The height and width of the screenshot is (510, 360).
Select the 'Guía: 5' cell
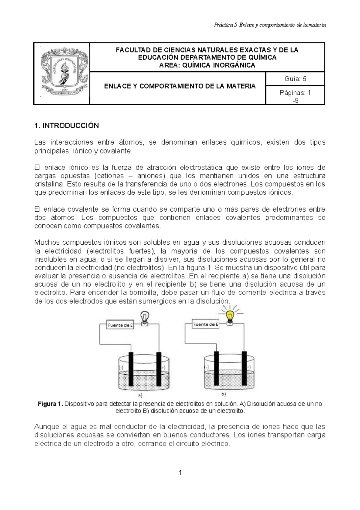tap(295, 79)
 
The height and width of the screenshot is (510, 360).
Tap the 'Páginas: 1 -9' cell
tap(295, 97)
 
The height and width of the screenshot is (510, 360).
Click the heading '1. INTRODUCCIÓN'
tap(67, 126)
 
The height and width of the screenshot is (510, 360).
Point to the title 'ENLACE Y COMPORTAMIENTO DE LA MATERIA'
tap(180, 86)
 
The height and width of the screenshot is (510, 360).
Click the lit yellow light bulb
tap(230, 316)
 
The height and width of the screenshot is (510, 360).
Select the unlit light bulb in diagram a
tap(145, 318)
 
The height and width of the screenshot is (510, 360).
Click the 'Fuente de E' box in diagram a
tap(120, 325)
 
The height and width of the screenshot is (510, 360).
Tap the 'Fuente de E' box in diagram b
tap(205, 324)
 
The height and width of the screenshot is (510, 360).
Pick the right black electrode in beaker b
tap(245, 369)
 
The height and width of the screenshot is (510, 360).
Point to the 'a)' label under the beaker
tap(140, 395)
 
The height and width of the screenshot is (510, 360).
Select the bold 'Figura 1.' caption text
tap(50, 404)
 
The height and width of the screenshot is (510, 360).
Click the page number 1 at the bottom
tap(180, 473)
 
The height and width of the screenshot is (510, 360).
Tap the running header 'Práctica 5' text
tap(225, 25)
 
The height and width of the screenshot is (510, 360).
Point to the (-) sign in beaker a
tap(121, 367)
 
